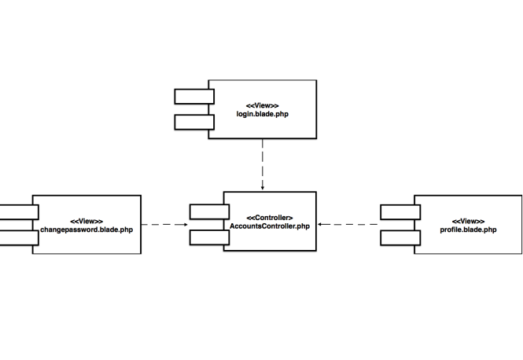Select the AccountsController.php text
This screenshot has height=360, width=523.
tap(270, 226)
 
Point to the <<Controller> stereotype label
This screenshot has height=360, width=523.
tap(270, 217)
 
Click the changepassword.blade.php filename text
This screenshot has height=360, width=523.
tap(87, 230)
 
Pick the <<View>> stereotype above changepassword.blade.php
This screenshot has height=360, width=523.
tap(87, 221)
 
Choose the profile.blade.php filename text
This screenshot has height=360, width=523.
tap(469, 230)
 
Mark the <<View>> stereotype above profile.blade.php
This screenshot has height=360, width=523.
tap(469, 221)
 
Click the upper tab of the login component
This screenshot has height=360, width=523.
tap(194, 97)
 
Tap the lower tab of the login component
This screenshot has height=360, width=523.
tap(194, 122)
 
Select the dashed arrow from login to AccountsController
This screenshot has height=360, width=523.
tap(262, 165)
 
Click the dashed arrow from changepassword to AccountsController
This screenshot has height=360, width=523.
tap(165, 225)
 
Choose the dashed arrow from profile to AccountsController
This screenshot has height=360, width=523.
tap(349, 225)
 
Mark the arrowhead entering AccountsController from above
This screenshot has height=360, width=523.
tap(262, 188)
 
